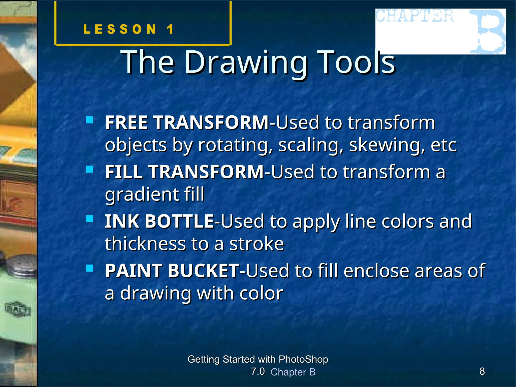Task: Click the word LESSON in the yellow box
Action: click(120, 29)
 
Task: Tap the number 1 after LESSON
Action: click(170, 29)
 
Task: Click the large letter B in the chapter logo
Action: click(488, 31)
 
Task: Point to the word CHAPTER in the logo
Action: click(414, 16)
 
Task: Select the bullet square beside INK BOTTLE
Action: click(90, 218)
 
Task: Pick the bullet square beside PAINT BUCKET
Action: click(90, 268)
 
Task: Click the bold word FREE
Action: click(126, 122)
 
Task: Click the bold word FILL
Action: click(124, 172)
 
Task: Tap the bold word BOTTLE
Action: click(179, 221)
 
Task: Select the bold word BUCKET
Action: click(203, 271)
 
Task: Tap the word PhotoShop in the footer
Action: click(303, 359)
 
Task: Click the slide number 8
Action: click(482, 371)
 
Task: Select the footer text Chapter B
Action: click(293, 372)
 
